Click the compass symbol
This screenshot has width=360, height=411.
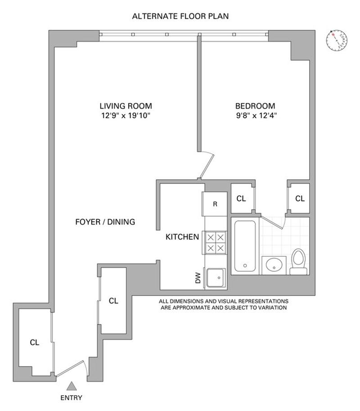337,40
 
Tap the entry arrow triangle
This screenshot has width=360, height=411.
72,386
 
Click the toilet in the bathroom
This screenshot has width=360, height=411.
299,262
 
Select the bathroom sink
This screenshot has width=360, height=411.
274,265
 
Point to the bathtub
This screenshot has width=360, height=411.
245,246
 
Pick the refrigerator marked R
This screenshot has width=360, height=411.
215,204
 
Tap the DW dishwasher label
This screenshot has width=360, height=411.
198,278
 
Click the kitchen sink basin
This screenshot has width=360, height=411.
216,277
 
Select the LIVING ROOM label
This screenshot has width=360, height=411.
126,106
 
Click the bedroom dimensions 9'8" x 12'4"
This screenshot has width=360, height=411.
256,115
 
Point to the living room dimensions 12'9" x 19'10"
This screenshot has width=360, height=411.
126,115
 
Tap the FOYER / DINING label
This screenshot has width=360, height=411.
105,222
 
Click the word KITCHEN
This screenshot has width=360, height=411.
182,237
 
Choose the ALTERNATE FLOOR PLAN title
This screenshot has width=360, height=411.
180,16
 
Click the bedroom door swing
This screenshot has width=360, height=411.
207,165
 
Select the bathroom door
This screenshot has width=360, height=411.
273,222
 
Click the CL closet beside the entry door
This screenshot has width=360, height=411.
34,342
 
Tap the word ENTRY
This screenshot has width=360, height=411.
72,398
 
